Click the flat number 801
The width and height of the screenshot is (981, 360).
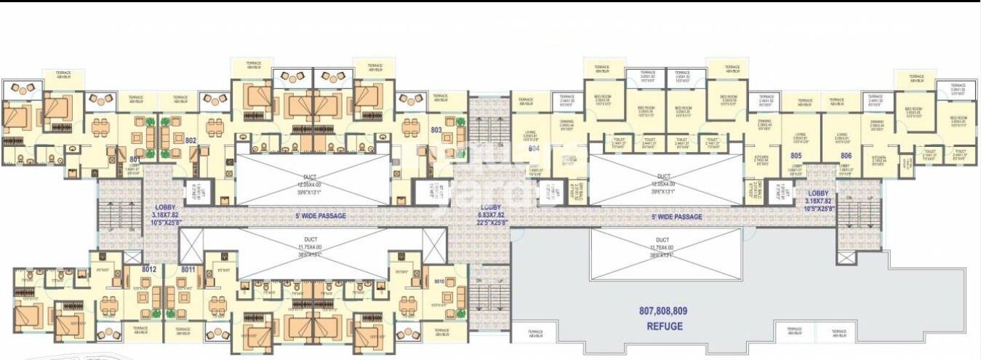135,159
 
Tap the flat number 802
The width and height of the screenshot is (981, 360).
191,140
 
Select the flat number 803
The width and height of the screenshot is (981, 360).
436,130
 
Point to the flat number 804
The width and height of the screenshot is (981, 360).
534,148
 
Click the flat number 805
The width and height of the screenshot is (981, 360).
796,155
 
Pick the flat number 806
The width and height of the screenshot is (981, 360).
846,155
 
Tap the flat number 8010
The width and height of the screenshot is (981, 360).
439,281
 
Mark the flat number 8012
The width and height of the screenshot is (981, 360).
149,270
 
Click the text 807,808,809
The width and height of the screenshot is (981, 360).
663,311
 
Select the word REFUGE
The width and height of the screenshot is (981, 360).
665,327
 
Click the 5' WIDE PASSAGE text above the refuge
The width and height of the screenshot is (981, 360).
676,217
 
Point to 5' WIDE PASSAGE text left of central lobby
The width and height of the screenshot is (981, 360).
321,216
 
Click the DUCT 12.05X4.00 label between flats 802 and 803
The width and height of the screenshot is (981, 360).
311,182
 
